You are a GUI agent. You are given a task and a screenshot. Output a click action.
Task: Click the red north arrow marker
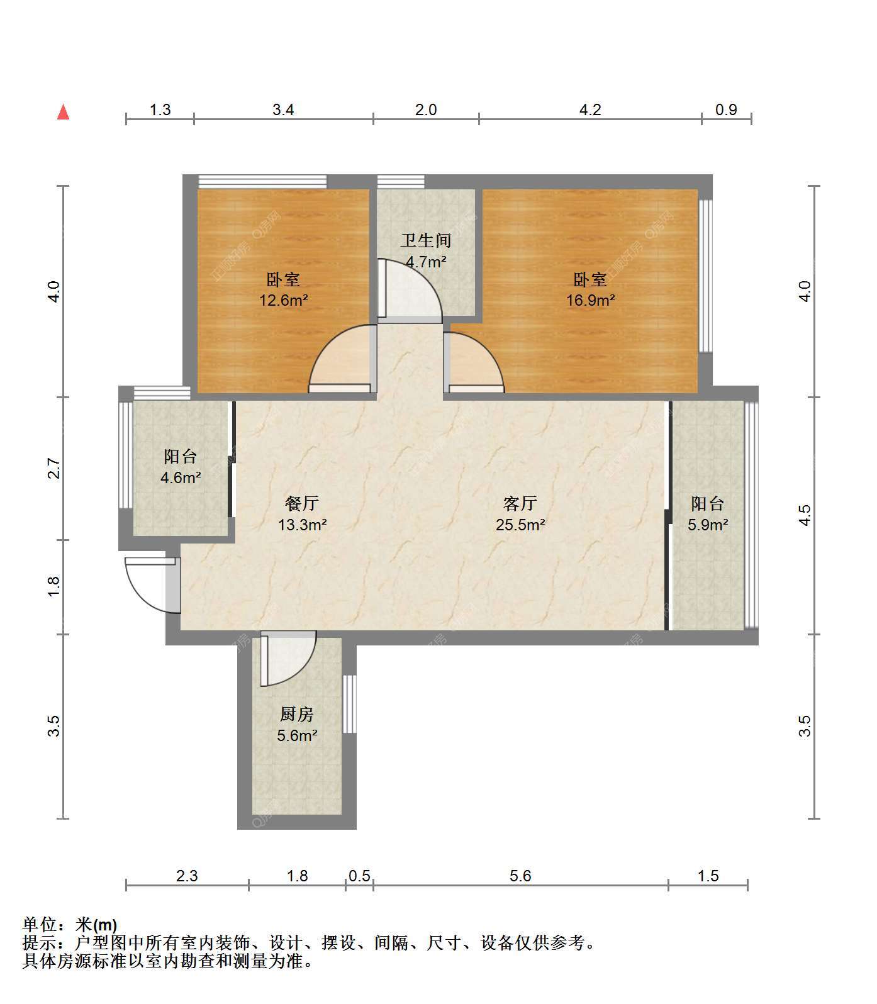point(63,113)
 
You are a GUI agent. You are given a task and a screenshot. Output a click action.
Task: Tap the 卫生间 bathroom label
point(426,240)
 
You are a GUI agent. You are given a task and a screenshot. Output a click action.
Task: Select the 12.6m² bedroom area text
point(284,300)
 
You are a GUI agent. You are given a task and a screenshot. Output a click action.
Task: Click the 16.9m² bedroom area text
point(590,300)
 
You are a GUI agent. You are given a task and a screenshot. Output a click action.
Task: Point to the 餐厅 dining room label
point(302,503)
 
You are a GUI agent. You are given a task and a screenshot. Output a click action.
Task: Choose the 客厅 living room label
point(520,503)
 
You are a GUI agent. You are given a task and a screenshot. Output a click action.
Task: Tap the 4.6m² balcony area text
point(181,477)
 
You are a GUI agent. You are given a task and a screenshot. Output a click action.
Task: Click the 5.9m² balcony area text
point(708,525)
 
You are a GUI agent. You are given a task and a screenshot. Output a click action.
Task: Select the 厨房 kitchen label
point(296,714)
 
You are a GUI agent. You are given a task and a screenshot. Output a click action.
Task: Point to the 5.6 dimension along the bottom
point(521,876)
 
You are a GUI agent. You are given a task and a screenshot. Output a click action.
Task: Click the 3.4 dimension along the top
point(283,109)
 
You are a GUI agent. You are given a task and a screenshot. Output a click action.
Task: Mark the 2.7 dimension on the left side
point(54,469)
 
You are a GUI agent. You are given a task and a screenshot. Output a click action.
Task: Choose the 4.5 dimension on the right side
point(805,515)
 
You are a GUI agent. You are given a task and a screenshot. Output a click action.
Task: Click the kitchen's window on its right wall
point(350,704)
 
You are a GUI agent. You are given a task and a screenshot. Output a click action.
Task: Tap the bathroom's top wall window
point(401,182)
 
